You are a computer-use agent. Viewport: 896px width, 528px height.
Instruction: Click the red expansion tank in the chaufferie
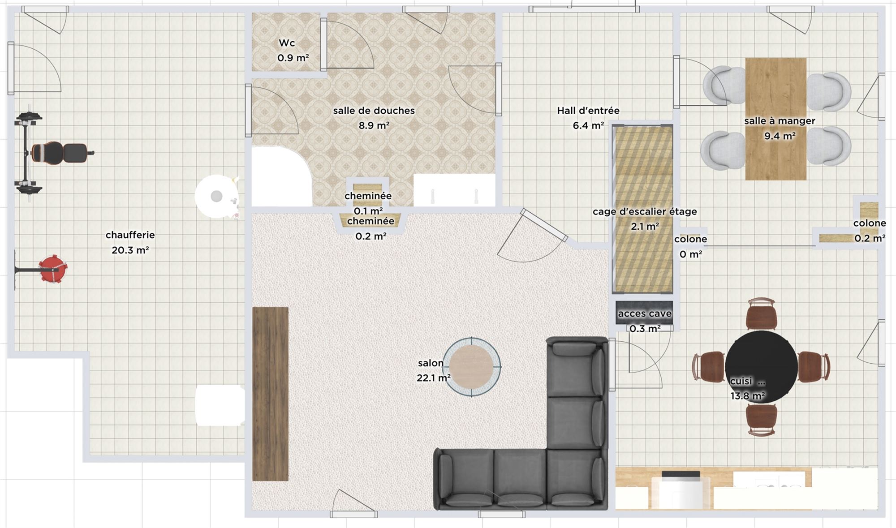point(53,269)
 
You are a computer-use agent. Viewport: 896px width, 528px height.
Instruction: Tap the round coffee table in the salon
point(471,366)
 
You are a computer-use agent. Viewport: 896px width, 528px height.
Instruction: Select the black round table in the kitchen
point(761,367)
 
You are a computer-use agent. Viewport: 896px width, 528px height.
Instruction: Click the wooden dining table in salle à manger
point(775,119)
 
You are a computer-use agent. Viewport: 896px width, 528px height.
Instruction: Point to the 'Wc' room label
point(287,43)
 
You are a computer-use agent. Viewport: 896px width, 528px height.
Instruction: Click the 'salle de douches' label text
point(374,111)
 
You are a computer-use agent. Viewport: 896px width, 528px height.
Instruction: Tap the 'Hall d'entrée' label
point(588,111)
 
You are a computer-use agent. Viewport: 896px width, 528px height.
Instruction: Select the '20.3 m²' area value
point(130,250)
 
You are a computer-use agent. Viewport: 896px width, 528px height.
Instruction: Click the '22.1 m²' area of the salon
point(433,378)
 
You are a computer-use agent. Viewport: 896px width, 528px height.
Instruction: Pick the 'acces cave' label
point(645,314)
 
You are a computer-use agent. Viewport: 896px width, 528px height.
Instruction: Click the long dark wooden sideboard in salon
point(270,394)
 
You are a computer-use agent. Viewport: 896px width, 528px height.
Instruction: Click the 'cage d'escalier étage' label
point(645,211)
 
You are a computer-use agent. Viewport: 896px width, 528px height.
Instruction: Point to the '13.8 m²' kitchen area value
point(747,396)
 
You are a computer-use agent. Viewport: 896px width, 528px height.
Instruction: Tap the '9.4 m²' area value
point(780,136)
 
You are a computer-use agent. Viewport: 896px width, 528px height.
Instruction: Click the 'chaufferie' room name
point(130,235)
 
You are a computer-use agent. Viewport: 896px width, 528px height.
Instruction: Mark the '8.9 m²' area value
point(374,125)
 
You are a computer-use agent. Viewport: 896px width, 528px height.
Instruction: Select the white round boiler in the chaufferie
point(217,196)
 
